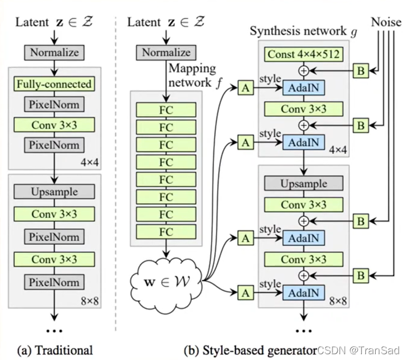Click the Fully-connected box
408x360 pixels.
tap(54, 84)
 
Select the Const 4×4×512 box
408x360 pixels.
tap(303, 55)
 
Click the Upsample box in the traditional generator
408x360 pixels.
tap(54, 191)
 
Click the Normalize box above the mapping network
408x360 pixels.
tap(166, 52)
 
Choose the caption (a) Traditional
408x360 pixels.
tap(55, 349)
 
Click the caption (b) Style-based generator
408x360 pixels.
tap(250, 349)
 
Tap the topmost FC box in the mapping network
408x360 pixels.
tap(166, 109)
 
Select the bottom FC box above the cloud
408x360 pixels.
tap(166, 233)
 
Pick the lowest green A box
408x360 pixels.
tap(245, 293)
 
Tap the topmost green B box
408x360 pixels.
tap(361, 71)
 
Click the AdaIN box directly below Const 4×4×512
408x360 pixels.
tap(303, 88)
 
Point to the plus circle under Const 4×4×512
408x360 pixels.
tap(303, 71)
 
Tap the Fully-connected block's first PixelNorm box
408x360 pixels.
tap(54, 104)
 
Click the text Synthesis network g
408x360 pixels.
tap(303, 31)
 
